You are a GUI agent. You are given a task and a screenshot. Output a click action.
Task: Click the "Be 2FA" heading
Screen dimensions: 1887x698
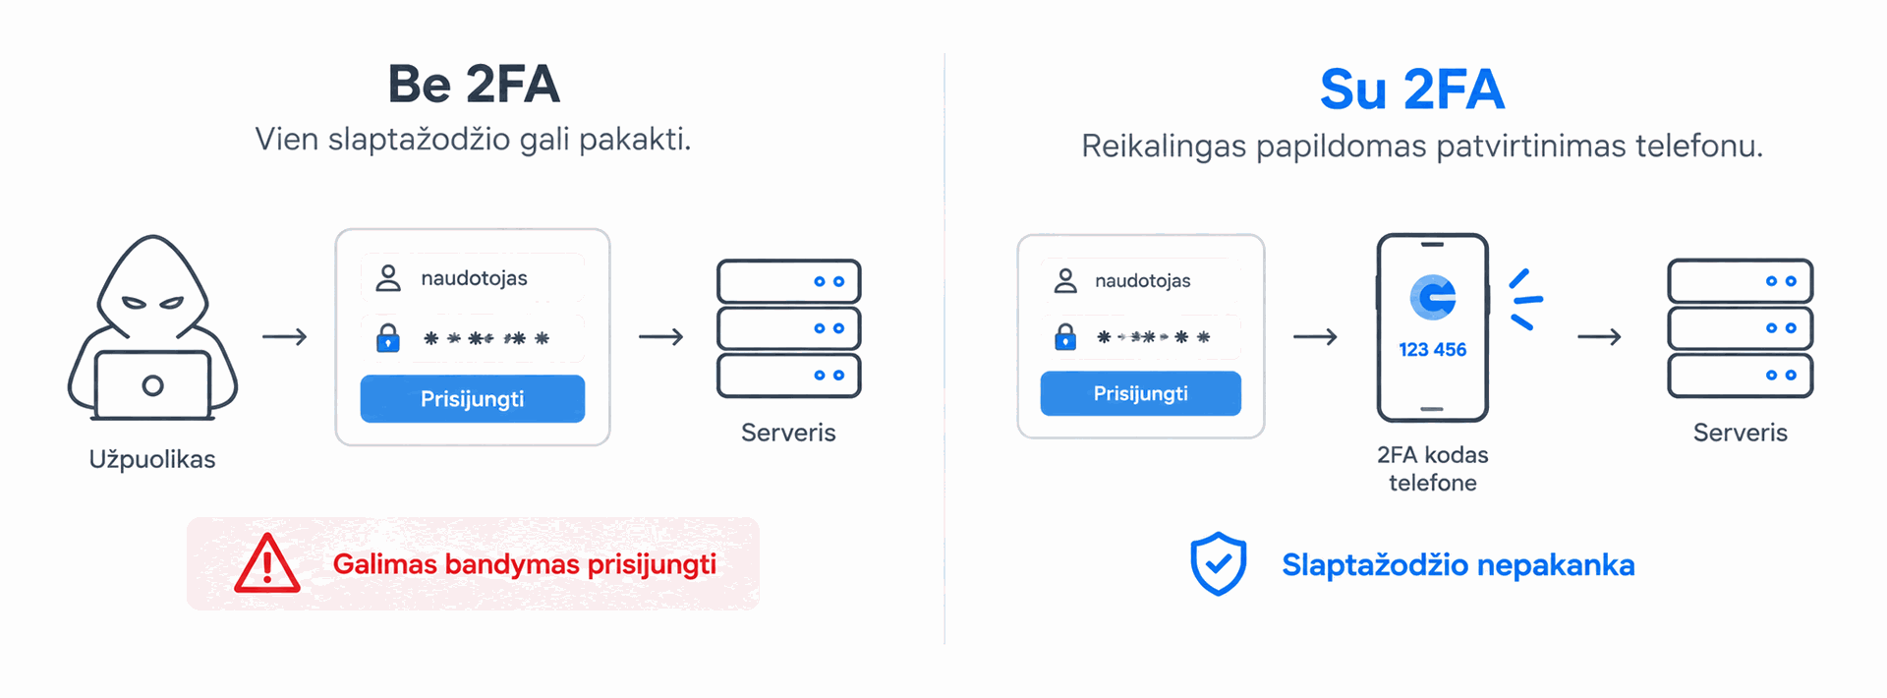pos(474,84)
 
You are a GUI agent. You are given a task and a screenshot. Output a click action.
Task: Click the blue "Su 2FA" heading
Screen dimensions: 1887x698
pos(1412,89)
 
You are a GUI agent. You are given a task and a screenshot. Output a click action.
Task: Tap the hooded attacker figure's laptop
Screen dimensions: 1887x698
pos(152,384)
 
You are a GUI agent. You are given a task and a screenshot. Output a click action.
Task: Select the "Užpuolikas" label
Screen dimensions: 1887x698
pos(152,459)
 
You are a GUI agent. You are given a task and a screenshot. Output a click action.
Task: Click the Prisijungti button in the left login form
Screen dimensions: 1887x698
pos(473,398)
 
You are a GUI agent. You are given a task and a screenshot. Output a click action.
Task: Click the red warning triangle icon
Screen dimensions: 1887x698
pos(267,563)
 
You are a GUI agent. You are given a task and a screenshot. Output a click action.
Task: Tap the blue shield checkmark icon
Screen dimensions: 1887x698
pos(1219,564)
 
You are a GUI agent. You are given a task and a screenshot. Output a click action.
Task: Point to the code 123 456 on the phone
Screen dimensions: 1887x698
pos(1433,349)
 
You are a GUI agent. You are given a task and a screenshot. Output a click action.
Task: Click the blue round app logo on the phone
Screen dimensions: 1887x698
pos(1433,297)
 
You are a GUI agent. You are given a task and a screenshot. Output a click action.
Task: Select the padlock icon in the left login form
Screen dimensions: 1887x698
pos(388,338)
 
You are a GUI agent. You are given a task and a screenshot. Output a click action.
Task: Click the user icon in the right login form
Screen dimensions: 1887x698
pos(1065,281)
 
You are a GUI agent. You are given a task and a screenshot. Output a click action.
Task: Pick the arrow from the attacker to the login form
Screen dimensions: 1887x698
pos(285,337)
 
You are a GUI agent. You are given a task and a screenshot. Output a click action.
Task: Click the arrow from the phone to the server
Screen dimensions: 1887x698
pos(1599,337)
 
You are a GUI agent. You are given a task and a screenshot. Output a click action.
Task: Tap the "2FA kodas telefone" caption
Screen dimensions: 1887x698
pos(1433,468)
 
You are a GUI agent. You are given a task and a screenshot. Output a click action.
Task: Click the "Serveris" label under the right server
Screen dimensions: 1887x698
pos(1740,433)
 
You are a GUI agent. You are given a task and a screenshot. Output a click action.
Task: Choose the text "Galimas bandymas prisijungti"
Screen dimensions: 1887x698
pos(525,564)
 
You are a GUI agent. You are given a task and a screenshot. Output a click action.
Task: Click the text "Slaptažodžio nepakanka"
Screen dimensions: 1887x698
pos(1458,565)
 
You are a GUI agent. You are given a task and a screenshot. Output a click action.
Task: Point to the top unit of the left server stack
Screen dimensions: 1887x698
pos(789,281)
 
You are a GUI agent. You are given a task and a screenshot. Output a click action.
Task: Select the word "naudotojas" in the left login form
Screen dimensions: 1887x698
pos(474,278)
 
